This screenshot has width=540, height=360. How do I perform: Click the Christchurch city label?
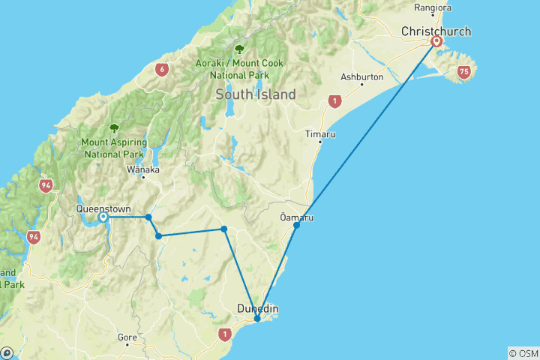tap(436, 31)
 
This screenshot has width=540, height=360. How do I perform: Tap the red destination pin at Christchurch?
tap(436, 42)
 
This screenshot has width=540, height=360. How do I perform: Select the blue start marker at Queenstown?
tap(103, 217)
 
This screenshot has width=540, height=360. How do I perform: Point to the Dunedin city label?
tap(257, 308)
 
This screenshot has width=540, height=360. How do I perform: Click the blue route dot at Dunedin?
tap(257, 319)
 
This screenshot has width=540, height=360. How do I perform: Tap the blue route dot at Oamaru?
tap(297, 225)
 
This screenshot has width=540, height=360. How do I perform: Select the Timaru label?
tap(320, 134)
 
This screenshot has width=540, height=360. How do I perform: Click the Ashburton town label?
tap(362, 77)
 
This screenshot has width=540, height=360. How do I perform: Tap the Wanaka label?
tap(144, 169)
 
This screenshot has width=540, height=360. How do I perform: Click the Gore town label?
tap(127, 338)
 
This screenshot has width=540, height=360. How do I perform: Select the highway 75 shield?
tap(463, 72)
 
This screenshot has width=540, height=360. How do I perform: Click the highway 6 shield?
tap(161, 70)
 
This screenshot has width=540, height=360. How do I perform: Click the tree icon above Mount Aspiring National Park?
tap(114, 128)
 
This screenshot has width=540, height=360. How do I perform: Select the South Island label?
tap(256, 94)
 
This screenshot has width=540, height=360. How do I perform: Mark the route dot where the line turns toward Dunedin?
tap(224, 229)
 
